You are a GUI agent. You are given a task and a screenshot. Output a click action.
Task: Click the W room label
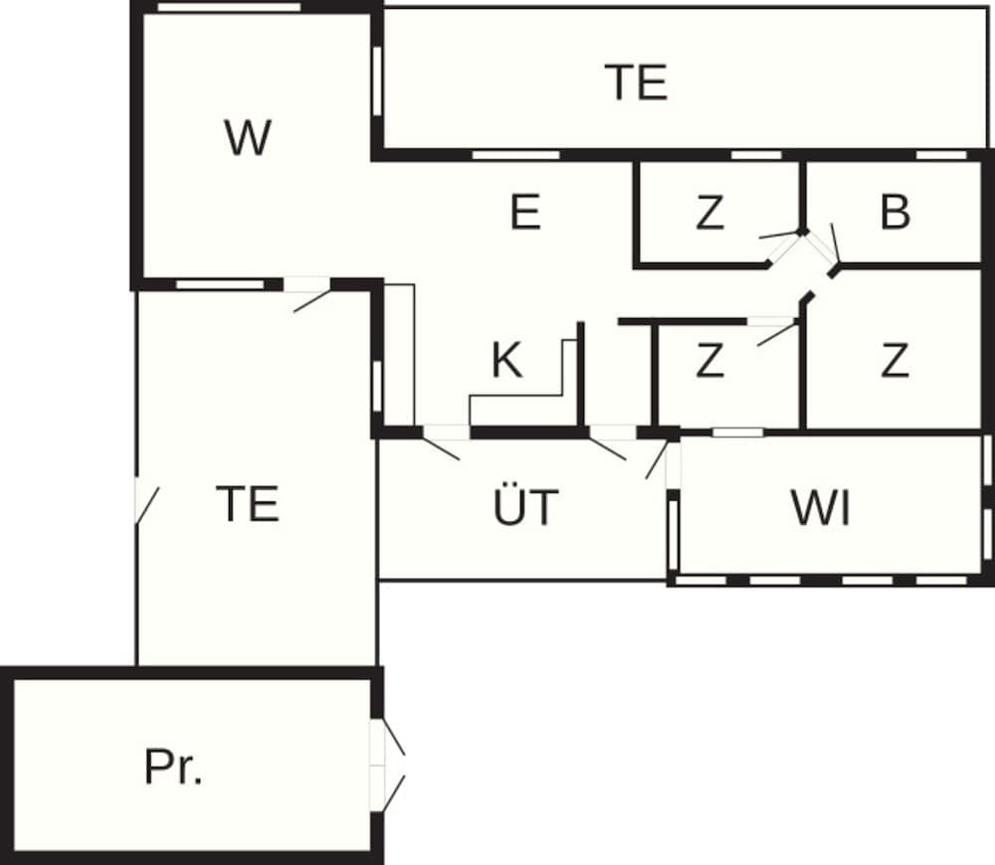[x=248, y=138]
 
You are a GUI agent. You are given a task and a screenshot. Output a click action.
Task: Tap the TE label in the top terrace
[x=636, y=83]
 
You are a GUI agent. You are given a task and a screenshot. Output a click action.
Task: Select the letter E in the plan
[x=525, y=213]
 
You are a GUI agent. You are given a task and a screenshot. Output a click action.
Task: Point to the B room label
[x=895, y=213]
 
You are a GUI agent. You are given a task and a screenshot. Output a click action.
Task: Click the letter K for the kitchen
[x=506, y=361]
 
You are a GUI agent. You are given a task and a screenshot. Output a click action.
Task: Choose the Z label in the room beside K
[x=709, y=361]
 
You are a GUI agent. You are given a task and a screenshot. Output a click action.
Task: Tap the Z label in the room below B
[x=895, y=361]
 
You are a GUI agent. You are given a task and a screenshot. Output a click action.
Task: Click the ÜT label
[x=525, y=508]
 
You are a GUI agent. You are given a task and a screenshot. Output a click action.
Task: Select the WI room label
[x=821, y=508]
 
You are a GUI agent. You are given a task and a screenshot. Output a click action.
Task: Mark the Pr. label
[x=174, y=767]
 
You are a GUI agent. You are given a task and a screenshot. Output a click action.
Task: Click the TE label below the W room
[x=248, y=504]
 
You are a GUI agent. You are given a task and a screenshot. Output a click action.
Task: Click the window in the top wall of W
[x=229, y=8]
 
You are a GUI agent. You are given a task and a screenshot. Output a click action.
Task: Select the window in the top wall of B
[x=941, y=155]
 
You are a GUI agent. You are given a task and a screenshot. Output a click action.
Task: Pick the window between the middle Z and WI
[x=738, y=432]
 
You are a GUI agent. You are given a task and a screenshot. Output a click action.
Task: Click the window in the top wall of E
[x=514, y=155]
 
